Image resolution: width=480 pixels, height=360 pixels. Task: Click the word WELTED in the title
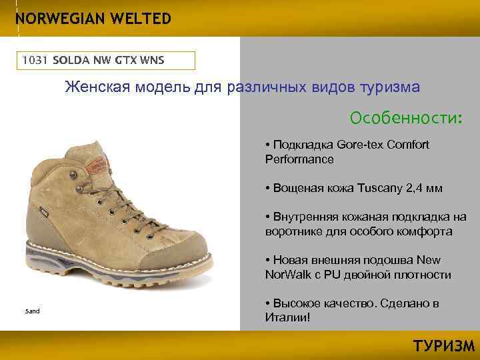(137, 19)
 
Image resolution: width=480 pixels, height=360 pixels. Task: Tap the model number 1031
(35, 60)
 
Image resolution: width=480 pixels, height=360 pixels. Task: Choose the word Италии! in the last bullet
(288, 317)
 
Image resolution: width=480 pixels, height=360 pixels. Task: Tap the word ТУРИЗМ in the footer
(443, 346)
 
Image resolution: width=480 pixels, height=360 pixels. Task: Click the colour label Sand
(33, 311)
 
